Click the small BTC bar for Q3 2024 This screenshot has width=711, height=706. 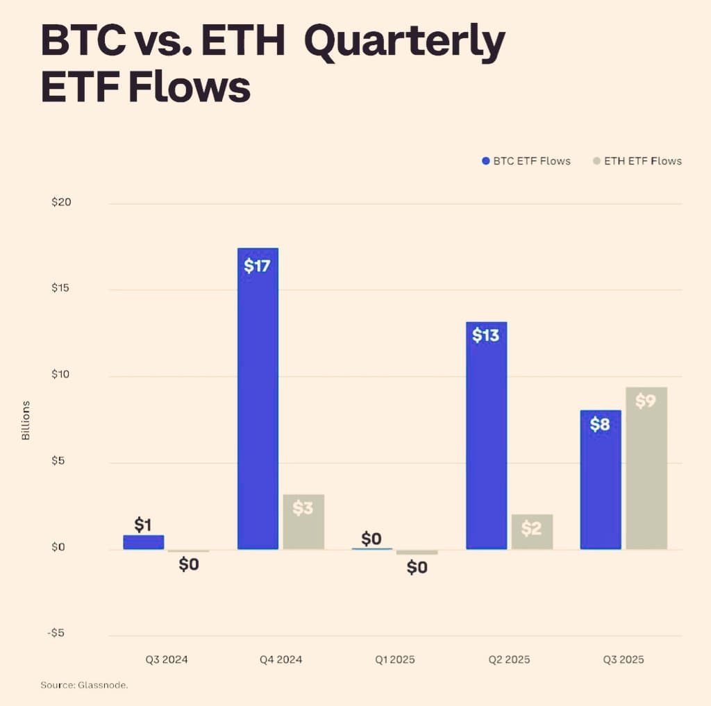(144, 542)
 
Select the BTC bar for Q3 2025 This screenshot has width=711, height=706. (601, 486)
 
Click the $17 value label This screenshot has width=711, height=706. (257, 266)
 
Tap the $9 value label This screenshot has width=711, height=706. (645, 401)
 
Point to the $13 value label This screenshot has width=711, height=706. (485, 335)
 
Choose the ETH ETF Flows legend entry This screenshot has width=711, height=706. (637, 161)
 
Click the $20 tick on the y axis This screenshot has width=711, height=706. (61, 202)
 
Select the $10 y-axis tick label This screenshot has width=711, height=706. (61, 375)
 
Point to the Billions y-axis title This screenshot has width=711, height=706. (26, 420)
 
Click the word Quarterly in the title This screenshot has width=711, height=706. (404, 42)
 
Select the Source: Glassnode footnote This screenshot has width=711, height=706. (84, 685)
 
